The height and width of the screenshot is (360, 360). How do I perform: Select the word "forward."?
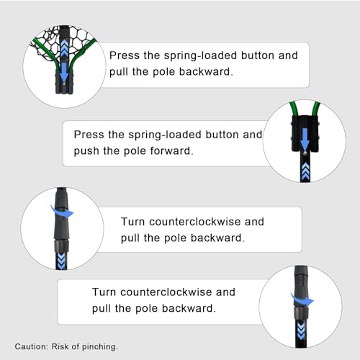tap(172, 151)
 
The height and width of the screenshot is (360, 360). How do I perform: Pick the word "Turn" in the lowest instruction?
tap(104, 292)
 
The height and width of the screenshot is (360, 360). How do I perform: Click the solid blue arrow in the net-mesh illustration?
tap(64, 72)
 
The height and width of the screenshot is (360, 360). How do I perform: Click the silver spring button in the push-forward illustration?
tap(305, 153)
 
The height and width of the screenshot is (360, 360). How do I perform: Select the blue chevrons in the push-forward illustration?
tap(305, 171)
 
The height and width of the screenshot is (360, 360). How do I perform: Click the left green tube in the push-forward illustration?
tap(293, 109)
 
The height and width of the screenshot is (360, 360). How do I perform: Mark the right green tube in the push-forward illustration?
tap(316, 109)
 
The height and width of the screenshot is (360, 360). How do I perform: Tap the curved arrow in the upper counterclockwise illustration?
tap(62, 212)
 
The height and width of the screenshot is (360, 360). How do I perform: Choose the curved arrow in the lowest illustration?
tap(302, 300)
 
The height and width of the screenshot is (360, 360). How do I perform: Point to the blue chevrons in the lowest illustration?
tap(301, 331)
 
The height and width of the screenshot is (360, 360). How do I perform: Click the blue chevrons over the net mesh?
tap(64, 48)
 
